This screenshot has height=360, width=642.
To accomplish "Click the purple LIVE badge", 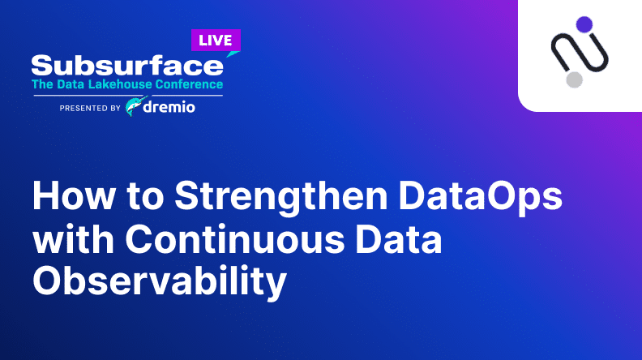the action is click(216, 41).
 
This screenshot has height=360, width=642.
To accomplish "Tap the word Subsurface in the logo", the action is click(127, 66).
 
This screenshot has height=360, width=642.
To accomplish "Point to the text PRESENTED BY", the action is click(90, 108).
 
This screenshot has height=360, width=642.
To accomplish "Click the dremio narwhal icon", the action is click(135, 106).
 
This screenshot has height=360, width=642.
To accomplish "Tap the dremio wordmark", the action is click(169, 107).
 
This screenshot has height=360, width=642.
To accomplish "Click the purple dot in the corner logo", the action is click(584, 24).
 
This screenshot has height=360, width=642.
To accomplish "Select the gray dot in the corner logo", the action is click(575, 79).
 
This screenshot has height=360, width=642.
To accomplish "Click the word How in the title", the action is click(74, 195).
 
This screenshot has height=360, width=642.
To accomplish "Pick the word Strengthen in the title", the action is click(281, 198).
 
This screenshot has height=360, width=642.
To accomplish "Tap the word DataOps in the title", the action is click(481, 198).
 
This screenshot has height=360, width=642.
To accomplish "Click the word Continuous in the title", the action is click(235, 238).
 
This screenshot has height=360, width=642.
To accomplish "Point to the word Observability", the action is click(160, 283).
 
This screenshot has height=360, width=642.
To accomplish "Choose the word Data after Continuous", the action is click(399, 238).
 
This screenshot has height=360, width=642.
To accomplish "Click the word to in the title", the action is click(145, 196).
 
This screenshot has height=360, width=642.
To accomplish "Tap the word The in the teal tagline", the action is click(43, 84).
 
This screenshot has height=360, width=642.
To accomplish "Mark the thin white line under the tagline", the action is click(128, 96).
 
